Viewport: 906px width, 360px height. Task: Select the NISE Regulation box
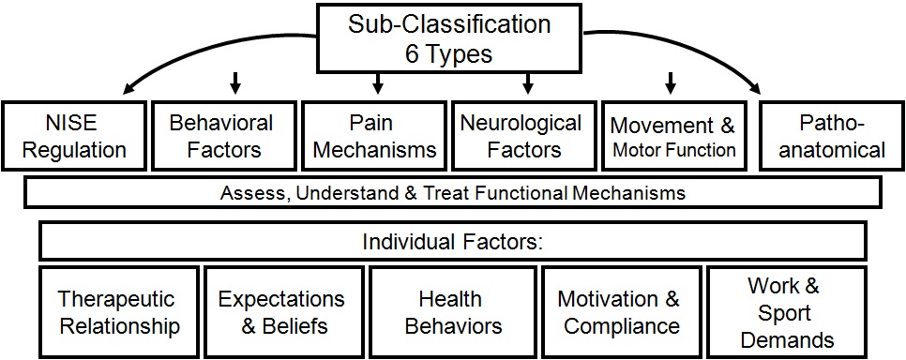click(75, 136)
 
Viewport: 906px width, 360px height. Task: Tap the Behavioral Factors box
click(221, 136)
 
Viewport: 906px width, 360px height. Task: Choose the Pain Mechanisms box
click(373, 136)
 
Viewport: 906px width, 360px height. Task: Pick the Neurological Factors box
click(521, 136)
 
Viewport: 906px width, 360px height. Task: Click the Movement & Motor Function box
click(672, 136)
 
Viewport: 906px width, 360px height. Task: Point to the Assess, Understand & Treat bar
click(452, 193)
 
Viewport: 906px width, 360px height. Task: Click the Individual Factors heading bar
click(452, 242)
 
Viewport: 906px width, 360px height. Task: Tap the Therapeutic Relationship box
click(118, 312)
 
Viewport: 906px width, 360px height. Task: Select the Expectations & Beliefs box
click(281, 312)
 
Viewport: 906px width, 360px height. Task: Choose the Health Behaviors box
click(449, 312)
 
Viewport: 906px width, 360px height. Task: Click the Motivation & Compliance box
click(618, 312)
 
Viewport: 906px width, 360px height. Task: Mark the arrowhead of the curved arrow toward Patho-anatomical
click(756, 91)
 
